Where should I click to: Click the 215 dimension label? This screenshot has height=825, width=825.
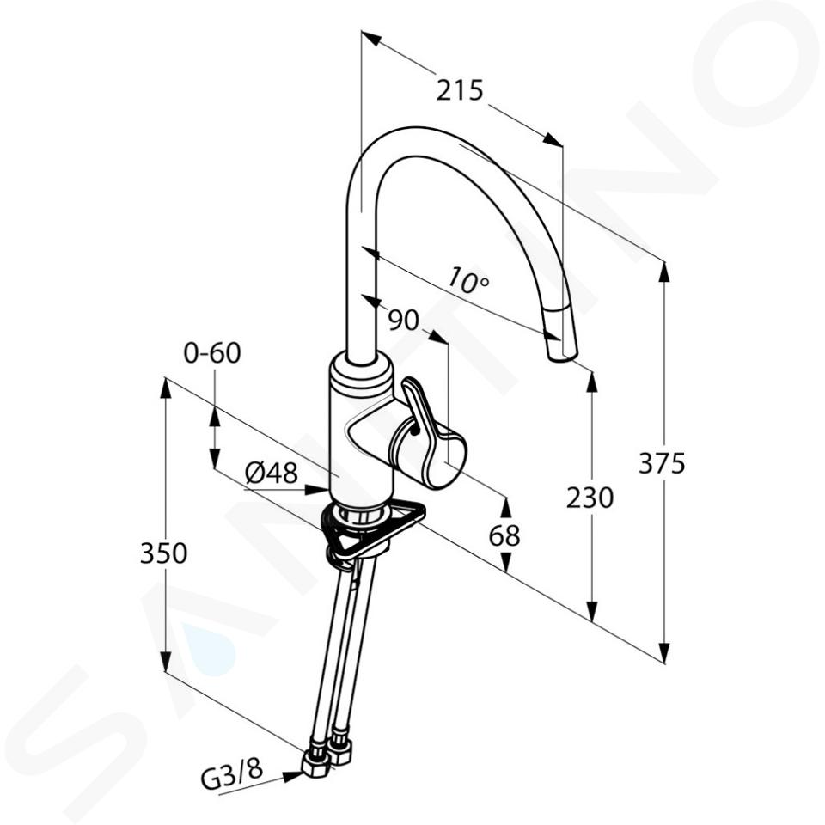coord(459,90)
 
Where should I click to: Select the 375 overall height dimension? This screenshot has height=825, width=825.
coord(662,463)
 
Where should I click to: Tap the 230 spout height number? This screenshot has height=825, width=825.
coord(590,498)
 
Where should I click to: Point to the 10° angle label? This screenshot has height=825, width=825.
coord(468,280)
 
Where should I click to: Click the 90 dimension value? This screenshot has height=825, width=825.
coord(404,320)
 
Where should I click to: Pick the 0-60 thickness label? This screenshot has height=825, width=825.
coord(212,353)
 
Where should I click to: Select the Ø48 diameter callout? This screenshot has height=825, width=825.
coord(272,474)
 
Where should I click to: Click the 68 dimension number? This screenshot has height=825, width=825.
coord(504,536)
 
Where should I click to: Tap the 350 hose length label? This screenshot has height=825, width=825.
coord(163,553)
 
